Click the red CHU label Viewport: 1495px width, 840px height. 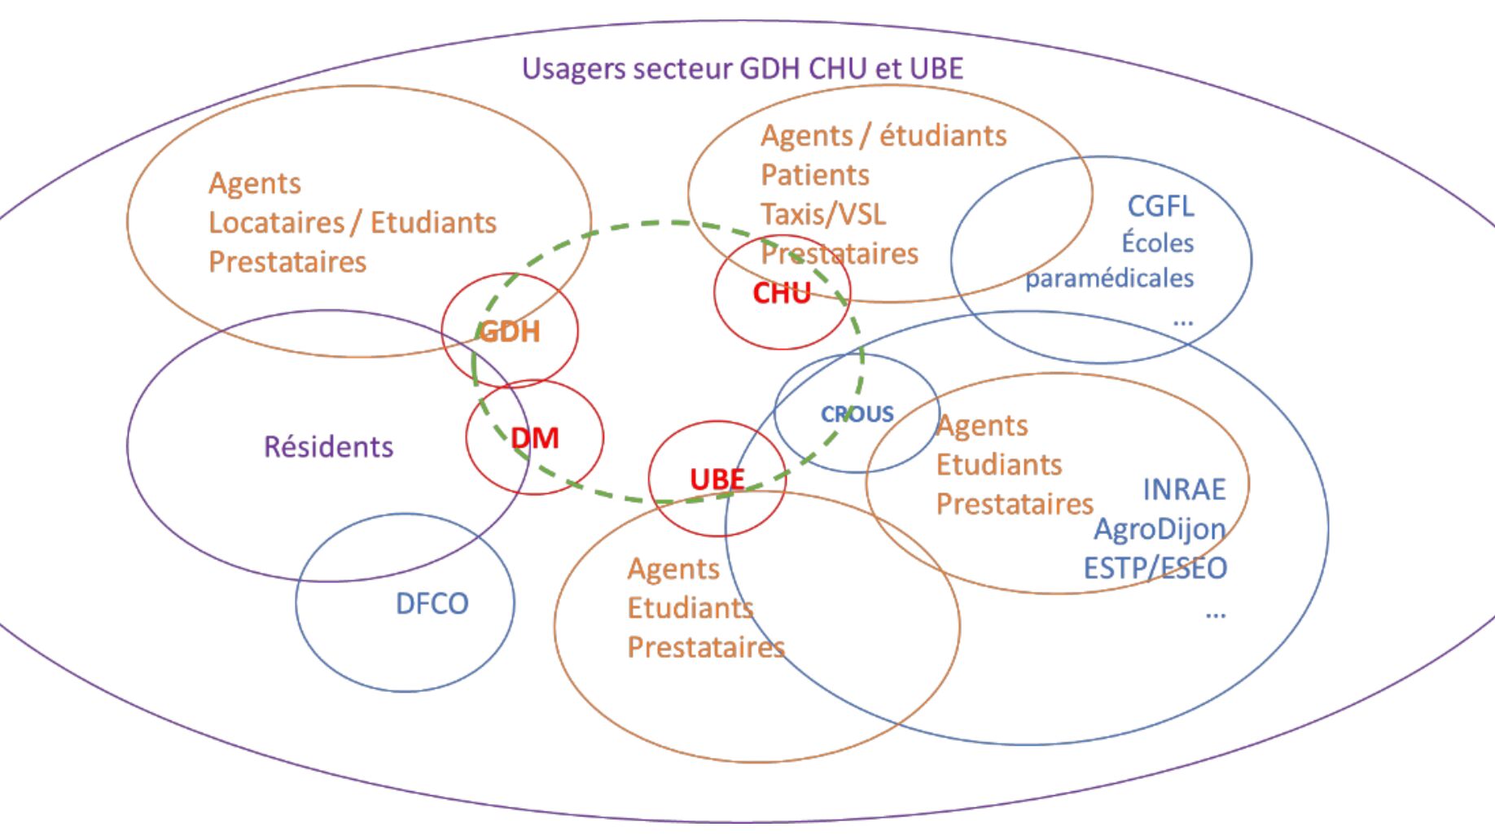[782, 293]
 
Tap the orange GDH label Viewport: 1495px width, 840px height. [509, 331]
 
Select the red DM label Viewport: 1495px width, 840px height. [535, 439]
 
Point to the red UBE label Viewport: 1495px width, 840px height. [717, 479]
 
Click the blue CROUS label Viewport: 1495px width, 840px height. [857, 414]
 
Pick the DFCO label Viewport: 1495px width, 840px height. [432, 603]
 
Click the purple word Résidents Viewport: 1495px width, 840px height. [328, 447]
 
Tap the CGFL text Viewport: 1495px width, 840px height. [1160, 206]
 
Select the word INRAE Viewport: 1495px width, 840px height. [1184, 489]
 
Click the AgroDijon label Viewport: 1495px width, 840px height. [1160, 529]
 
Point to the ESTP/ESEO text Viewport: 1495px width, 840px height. [1155, 568]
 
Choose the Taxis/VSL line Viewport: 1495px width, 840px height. [822, 214]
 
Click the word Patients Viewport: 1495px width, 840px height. [814, 175]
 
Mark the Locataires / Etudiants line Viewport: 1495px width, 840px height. [352, 222]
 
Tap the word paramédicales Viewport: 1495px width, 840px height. [1109, 278]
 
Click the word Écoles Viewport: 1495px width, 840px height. [1157, 243]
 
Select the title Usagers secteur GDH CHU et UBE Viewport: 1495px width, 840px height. [742, 68]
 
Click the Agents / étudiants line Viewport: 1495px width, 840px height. [883, 135]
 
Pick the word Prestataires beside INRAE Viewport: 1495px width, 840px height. [1015, 504]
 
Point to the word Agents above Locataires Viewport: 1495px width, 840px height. [254, 183]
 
